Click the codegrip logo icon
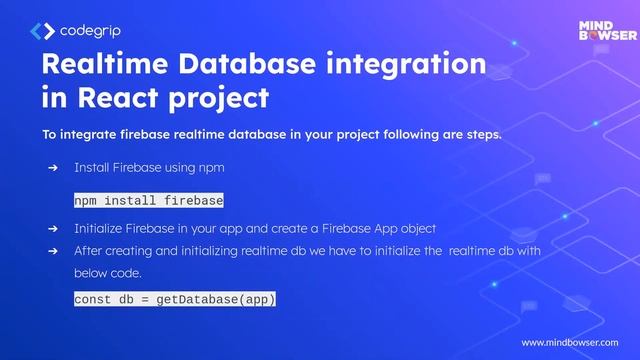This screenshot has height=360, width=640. (x=42, y=31)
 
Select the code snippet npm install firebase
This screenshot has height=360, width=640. (x=148, y=200)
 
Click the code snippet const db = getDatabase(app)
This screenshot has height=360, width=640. (x=175, y=299)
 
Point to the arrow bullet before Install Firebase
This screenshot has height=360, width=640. (x=53, y=168)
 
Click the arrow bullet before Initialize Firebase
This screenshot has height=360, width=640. (x=53, y=229)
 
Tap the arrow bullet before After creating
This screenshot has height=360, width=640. (x=53, y=251)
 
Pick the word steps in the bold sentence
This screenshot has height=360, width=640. (x=480, y=134)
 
